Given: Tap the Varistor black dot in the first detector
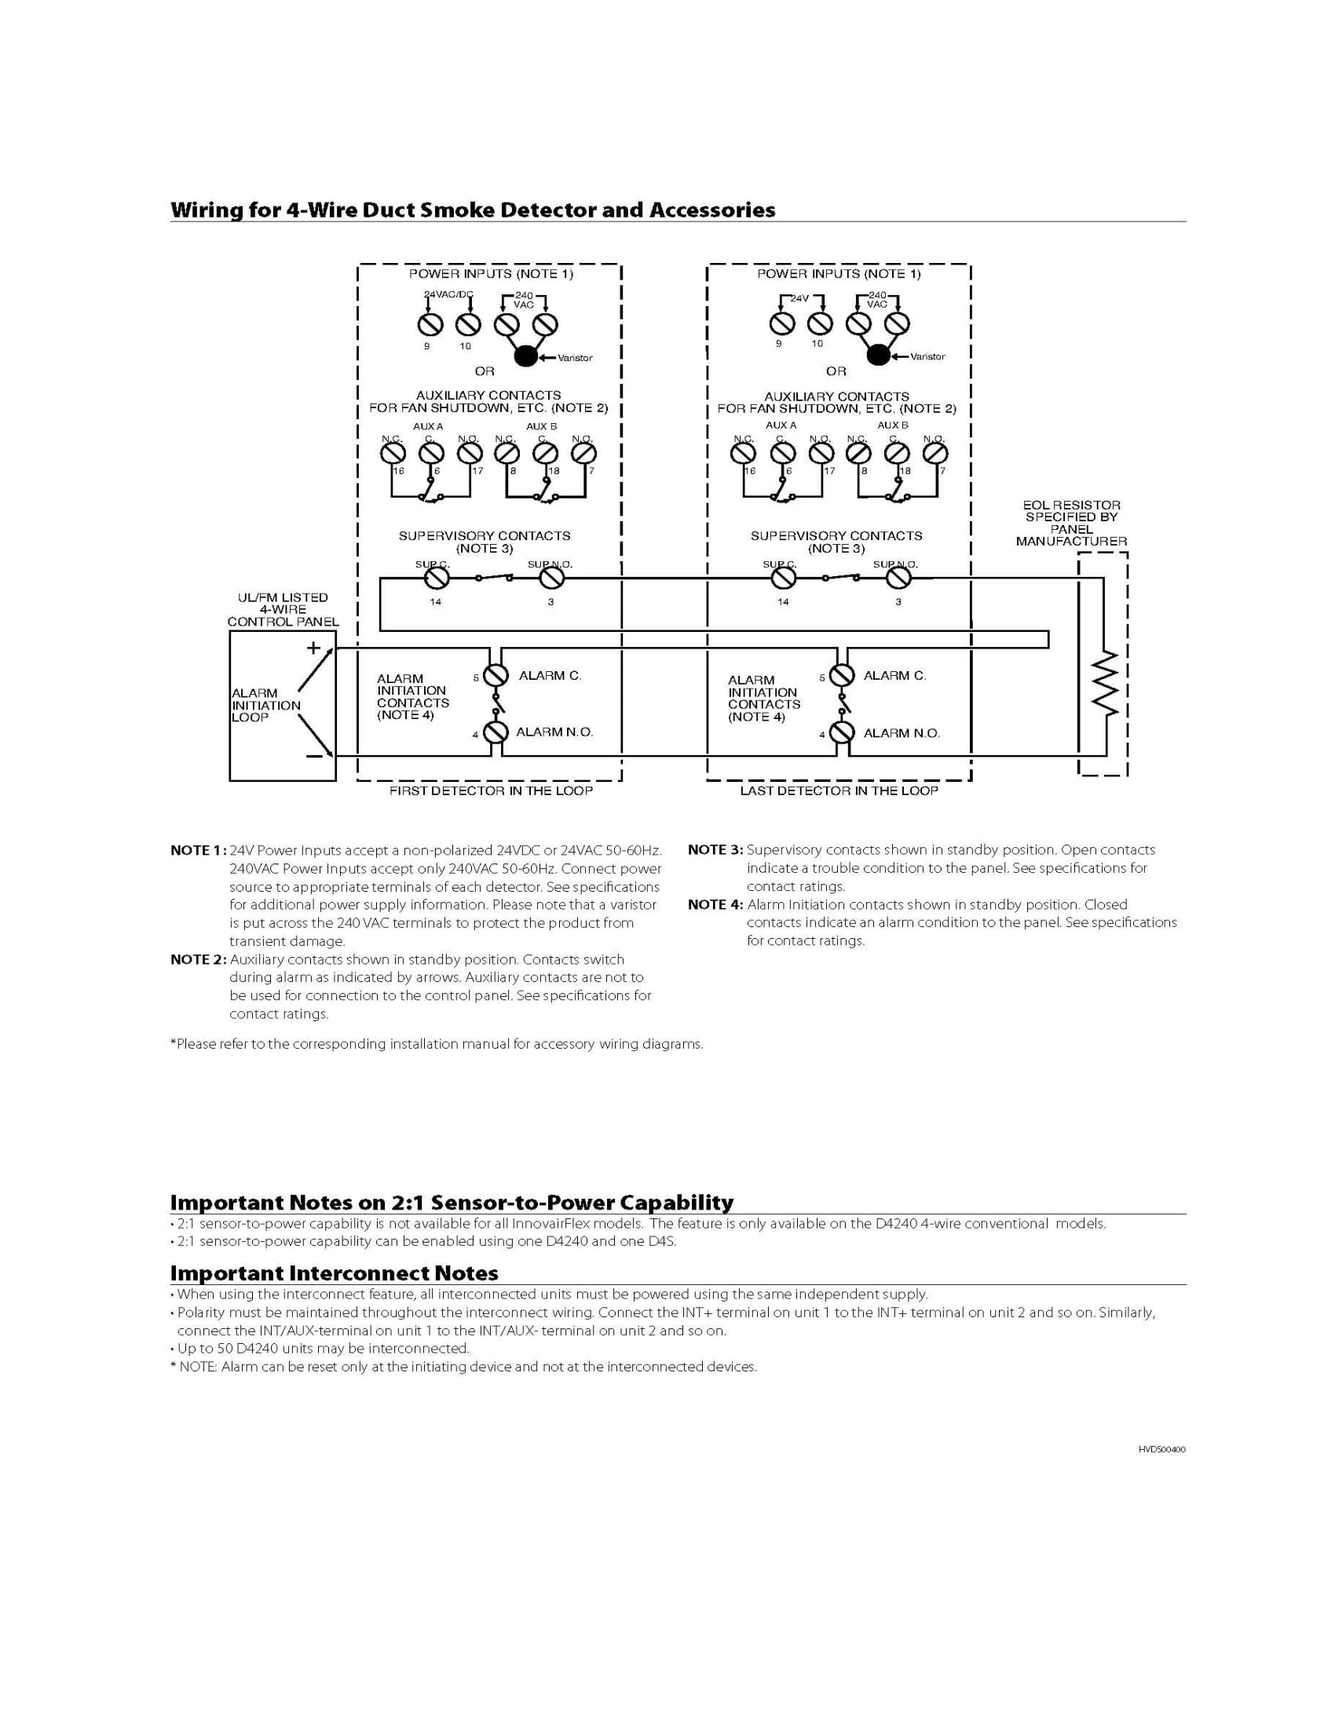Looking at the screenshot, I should tap(525, 356).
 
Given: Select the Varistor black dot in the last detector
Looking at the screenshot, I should tap(877, 356).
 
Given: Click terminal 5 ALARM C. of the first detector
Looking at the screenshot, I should tap(496, 675).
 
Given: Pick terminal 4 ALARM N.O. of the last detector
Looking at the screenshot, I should tap(843, 732).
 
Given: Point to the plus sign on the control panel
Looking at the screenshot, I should tap(313, 648).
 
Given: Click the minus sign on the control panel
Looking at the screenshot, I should tap(314, 756).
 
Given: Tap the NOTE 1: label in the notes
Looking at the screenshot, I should tap(198, 851).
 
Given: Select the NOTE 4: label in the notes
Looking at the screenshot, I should tap(715, 904).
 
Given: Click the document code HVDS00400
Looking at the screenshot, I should tap(1161, 1449).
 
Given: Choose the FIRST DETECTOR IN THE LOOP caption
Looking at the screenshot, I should tap(490, 790).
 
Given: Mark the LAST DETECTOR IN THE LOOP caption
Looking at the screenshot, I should tap(839, 790).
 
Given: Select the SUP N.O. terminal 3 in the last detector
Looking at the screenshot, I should tap(898, 579).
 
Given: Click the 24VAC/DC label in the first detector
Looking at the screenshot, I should tap(448, 294).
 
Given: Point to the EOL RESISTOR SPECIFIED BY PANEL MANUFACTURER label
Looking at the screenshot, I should tap(1071, 524).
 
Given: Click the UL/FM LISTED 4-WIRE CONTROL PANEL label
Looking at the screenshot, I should tap(283, 610).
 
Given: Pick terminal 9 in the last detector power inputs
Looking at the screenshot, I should tap(782, 323).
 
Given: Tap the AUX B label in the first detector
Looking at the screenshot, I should tap(542, 426).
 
